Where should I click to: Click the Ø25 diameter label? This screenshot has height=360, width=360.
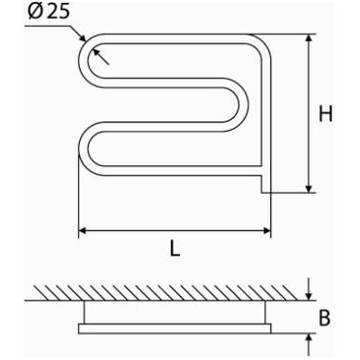(48, 12)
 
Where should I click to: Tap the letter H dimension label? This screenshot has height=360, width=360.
(326, 113)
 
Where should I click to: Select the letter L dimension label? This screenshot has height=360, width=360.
(174, 248)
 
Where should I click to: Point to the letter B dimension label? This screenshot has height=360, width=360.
(325, 317)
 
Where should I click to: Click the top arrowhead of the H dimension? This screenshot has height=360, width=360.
(309, 38)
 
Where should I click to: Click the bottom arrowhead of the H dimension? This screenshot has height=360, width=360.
(309, 188)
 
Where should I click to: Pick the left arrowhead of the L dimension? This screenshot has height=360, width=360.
(83, 230)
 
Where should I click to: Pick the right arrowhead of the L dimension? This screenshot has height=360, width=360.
(266, 230)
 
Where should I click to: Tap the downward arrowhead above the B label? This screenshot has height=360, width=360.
(308, 296)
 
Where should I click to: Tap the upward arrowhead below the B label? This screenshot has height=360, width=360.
(308, 338)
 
